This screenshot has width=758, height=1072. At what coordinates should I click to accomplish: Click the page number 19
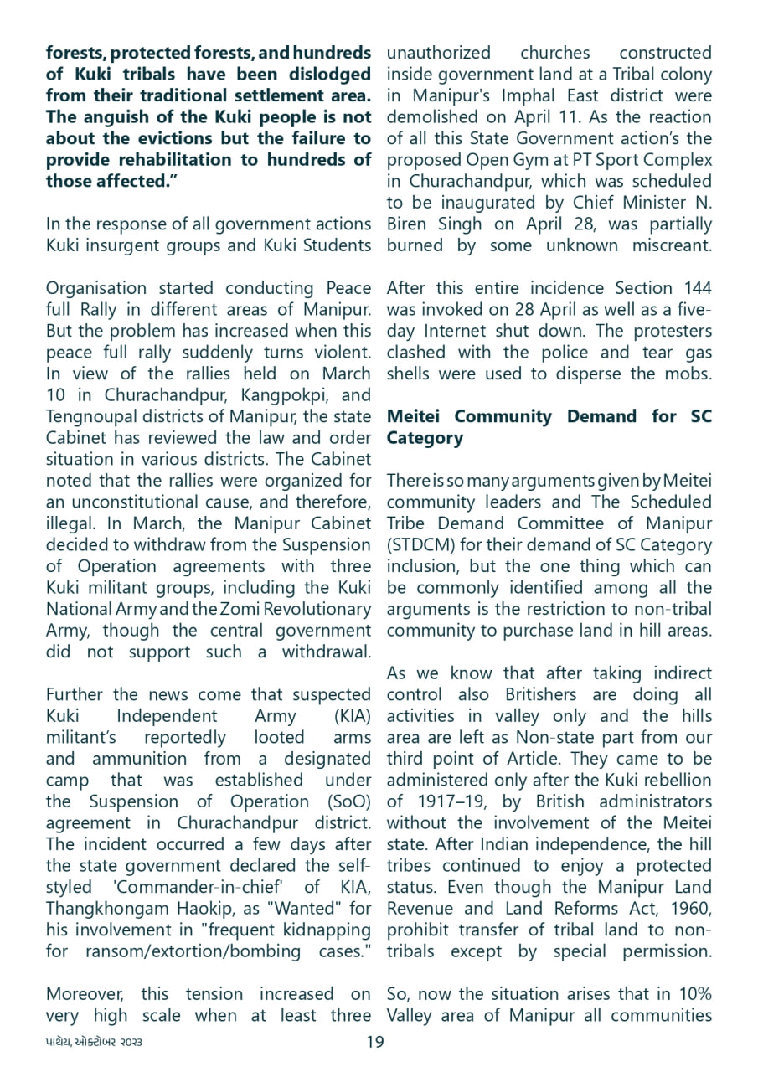[375, 1042]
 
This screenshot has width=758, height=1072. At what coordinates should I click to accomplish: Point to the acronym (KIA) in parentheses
[353, 716]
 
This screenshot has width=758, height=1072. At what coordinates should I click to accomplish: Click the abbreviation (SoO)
[346, 802]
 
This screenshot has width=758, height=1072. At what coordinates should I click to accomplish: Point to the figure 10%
[692, 994]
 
